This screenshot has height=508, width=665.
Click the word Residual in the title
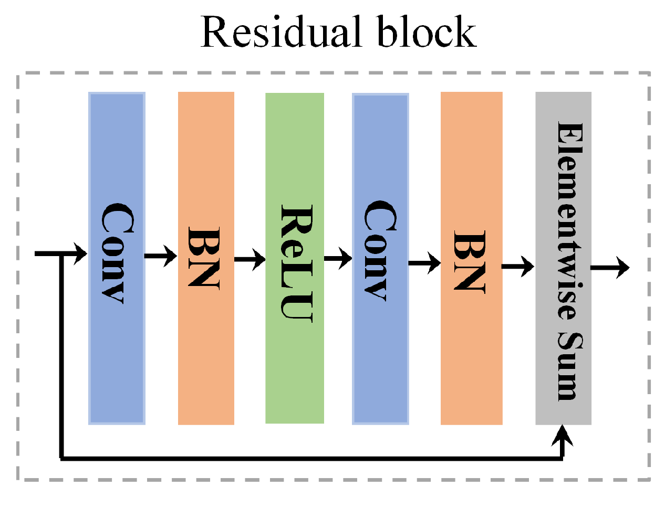283,33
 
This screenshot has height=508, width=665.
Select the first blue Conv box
117,341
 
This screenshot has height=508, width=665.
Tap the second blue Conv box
380,341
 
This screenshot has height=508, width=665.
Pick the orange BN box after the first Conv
206,341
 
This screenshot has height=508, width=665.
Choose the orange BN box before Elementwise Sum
471,341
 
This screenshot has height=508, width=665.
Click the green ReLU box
295,367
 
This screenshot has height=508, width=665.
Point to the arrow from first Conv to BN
161,256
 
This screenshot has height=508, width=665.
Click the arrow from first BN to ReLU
250,259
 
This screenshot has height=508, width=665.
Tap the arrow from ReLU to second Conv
338,258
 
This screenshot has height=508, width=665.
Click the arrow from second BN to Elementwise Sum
518,267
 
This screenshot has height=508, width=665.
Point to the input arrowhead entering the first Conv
81,254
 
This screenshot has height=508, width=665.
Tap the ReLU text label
297,263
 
